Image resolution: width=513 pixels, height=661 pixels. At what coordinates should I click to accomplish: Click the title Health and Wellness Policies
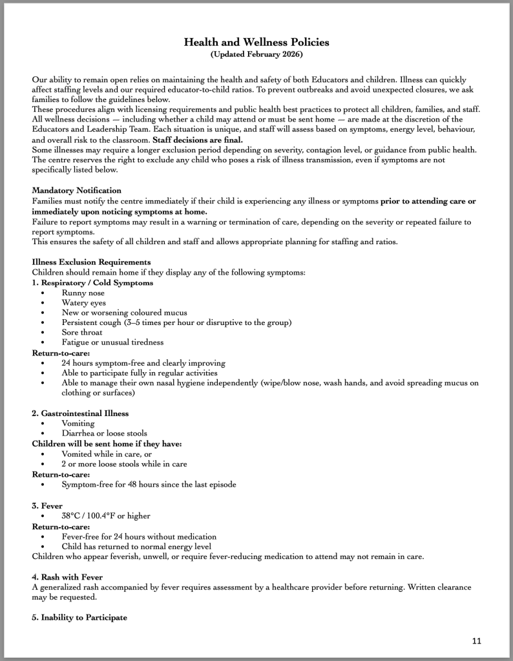click(x=256, y=42)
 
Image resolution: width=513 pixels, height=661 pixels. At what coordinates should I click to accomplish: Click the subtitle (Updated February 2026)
click(x=256, y=54)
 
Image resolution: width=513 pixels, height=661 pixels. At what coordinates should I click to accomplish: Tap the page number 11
click(x=477, y=640)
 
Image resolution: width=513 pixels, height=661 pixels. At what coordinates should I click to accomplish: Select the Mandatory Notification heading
click(x=76, y=191)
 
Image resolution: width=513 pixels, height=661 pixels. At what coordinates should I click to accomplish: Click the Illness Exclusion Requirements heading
click(x=91, y=262)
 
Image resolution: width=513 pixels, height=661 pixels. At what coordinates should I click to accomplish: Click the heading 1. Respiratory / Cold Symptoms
click(x=92, y=282)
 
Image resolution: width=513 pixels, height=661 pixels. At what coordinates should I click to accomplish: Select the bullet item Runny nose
click(x=83, y=293)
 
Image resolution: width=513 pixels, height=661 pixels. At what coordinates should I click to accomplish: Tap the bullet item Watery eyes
click(x=84, y=302)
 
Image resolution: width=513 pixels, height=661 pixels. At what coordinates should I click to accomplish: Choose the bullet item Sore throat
click(x=82, y=332)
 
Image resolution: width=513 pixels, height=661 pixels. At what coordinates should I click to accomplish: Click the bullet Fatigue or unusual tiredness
click(x=112, y=342)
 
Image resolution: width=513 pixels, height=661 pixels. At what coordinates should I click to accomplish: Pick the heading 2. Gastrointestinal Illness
click(x=80, y=413)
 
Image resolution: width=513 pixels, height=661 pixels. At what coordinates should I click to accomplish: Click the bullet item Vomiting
click(x=78, y=423)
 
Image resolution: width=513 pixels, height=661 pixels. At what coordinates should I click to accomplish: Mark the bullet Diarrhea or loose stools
click(x=104, y=433)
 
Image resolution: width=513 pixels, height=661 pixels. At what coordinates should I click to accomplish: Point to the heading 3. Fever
click(x=48, y=506)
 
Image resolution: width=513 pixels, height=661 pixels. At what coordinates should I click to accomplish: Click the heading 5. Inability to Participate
click(x=79, y=617)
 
